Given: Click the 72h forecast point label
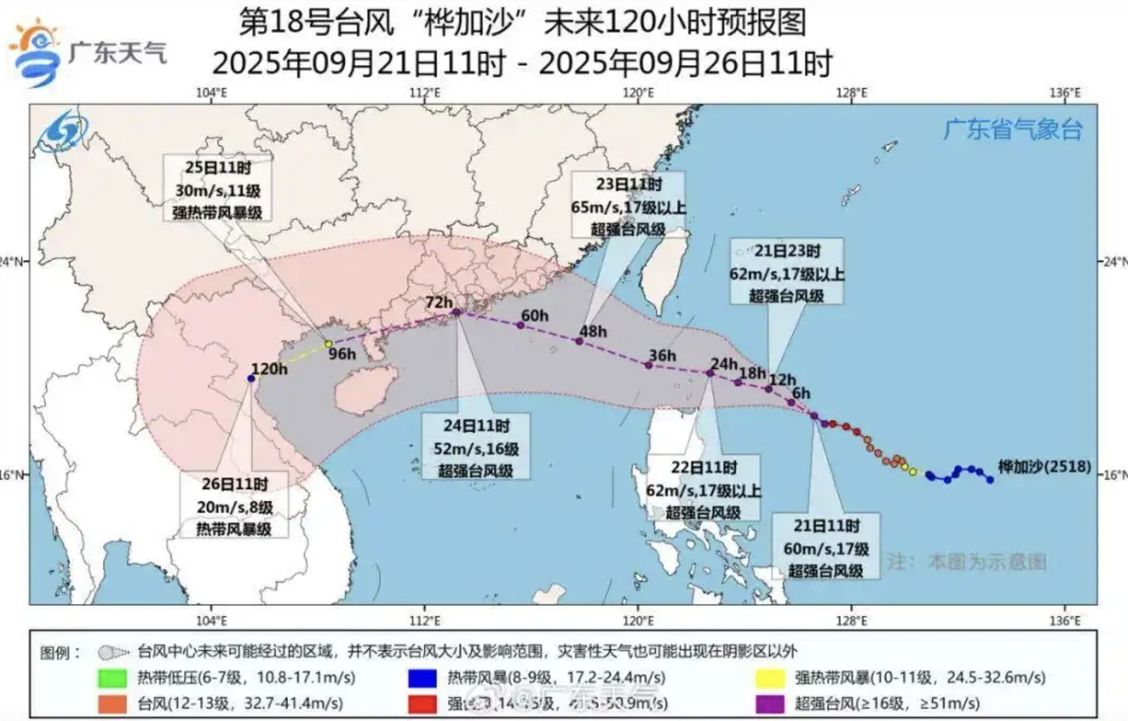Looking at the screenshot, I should point(439,302).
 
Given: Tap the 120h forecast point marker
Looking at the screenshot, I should point(251,378).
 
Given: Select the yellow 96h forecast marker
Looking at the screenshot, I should point(329,344).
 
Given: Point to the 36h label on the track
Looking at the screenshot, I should point(662,355).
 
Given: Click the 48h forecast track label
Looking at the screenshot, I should point(593,331).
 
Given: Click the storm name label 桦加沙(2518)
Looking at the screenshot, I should point(1044,467).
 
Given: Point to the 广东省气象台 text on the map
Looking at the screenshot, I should point(1012,129).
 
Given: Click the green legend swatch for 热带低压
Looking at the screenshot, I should point(112,678).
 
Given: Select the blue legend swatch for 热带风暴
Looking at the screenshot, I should point(422,678).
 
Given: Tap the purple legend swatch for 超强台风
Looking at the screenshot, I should point(770,704).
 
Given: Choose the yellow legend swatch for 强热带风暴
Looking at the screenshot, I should point(770,678).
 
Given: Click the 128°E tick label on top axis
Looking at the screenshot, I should point(852,93).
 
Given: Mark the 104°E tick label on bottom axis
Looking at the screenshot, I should point(211,621).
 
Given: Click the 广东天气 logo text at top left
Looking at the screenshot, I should point(118,53).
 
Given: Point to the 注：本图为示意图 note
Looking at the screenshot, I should point(966,562).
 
